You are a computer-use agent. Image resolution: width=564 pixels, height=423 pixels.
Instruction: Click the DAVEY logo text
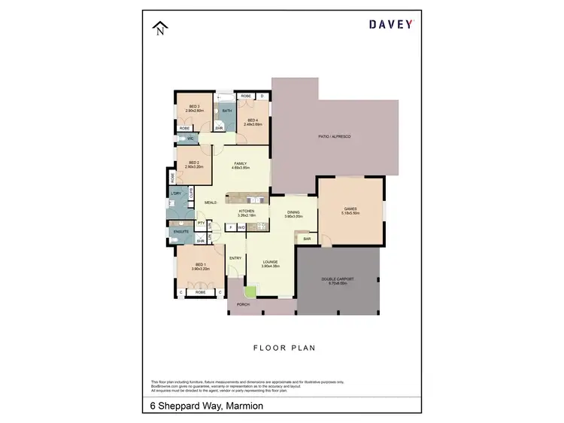[390, 23]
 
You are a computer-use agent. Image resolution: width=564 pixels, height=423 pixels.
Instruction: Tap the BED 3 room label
[193, 107]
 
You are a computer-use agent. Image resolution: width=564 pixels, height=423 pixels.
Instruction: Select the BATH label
[227, 110]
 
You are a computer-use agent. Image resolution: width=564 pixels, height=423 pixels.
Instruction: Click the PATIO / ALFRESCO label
[335, 135]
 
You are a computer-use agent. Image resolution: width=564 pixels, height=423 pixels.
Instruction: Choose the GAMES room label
[350, 208]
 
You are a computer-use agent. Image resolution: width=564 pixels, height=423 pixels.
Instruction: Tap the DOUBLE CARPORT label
[338, 278]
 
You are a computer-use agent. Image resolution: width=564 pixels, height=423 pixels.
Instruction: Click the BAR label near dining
[307, 239]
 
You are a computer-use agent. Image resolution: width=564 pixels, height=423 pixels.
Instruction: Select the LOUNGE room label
[270, 261]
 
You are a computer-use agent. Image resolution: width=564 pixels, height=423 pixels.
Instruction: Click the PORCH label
[243, 304]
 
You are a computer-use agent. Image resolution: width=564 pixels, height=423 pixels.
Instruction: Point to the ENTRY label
[235, 257]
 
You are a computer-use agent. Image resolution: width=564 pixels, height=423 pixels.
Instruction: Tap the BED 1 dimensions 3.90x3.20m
[200, 269]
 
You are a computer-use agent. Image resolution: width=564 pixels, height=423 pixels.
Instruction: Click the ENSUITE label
[180, 231]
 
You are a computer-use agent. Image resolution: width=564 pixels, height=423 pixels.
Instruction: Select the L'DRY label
[176, 194]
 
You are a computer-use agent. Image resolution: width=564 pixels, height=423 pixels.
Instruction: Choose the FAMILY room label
[241, 163]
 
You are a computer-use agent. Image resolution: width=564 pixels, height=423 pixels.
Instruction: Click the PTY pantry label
[201, 223]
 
